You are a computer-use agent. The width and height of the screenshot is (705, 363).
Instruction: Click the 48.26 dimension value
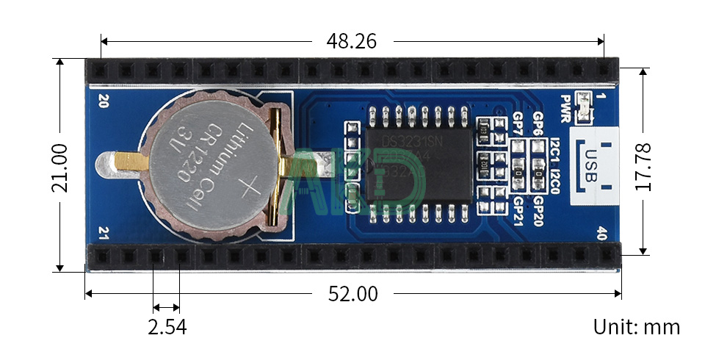[x=350, y=41]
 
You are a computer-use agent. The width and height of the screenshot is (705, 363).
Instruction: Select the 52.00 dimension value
[x=352, y=294]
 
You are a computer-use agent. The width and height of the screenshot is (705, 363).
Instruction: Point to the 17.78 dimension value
[x=643, y=168]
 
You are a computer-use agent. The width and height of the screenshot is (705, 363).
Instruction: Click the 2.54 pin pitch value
[x=167, y=327]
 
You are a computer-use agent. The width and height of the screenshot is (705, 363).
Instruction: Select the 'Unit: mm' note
[x=636, y=327]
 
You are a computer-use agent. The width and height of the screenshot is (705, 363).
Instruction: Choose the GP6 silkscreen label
[x=538, y=123]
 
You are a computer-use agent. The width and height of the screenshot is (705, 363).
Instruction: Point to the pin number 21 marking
[x=102, y=235]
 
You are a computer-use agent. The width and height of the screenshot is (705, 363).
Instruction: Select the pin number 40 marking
[x=602, y=235]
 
